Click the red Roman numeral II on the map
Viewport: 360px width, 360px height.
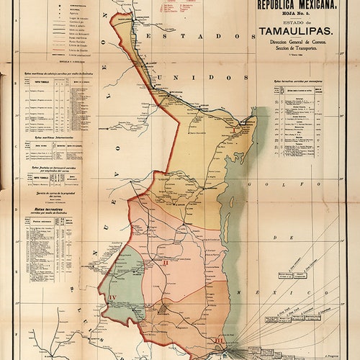click(x=166, y=263)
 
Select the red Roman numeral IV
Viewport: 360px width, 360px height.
click(x=111, y=297)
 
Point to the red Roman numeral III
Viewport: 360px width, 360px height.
click(x=219, y=340)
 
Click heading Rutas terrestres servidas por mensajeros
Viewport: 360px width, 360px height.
click(x=297, y=82)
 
